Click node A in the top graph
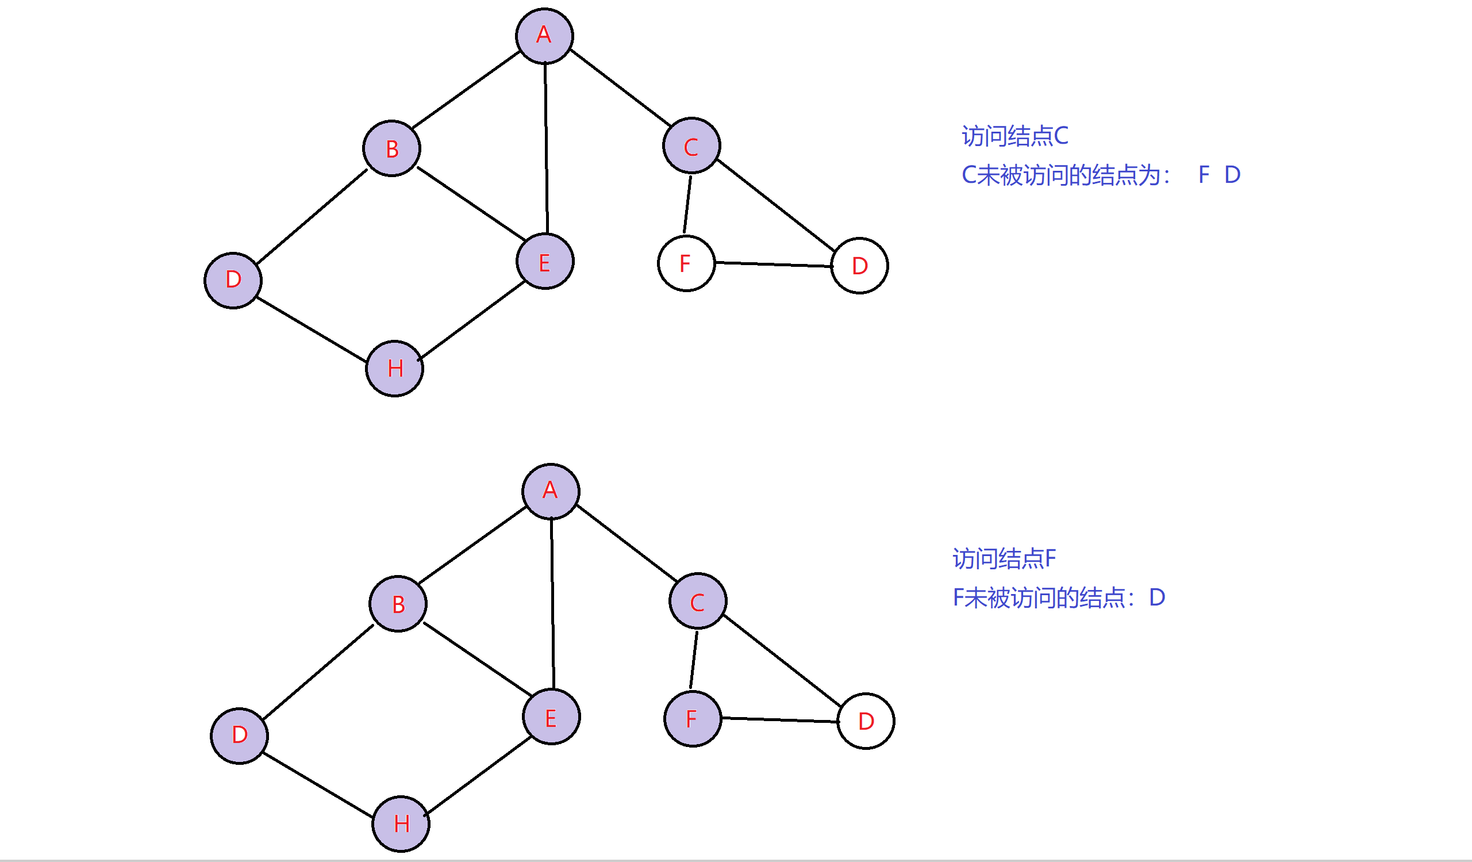pyautogui.click(x=544, y=36)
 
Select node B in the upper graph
pyautogui.click(x=391, y=148)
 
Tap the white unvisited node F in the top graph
pyautogui.click(x=686, y=263)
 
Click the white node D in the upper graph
pyautogui.click(x=859, y=266)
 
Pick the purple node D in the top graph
pyautogui.click(x=233, y=281)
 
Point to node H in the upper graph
pyautogui.click(x=394, y=369)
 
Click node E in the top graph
pyautogui.click(x=545, y=261)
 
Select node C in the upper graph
pyautogui.click(x=691, y=145)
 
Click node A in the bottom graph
pyautogui.click(x=551, y=492)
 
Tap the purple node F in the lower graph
pyautogui.click(x=693, y=719)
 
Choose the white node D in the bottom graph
pyautogui.click(x=866, y=721)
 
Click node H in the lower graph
pyautogui.click(x=401, y=824)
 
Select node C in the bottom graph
pyautogui.click(x=698, y=601)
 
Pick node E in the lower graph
pyautogui.click(x=551, y=717)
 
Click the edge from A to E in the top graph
pyautogui.click(x=546, y=149)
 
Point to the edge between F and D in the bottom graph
pyautogui.click(x=780, y=720)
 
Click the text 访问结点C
pyautogui.click(x=1014, y=136)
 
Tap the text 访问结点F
pyautogui.click(x=1004, y=559)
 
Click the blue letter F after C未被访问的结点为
pyautogui.click(x=1204, y=175)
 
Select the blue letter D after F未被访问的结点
pyautogui.click(x=1156, y=597)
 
